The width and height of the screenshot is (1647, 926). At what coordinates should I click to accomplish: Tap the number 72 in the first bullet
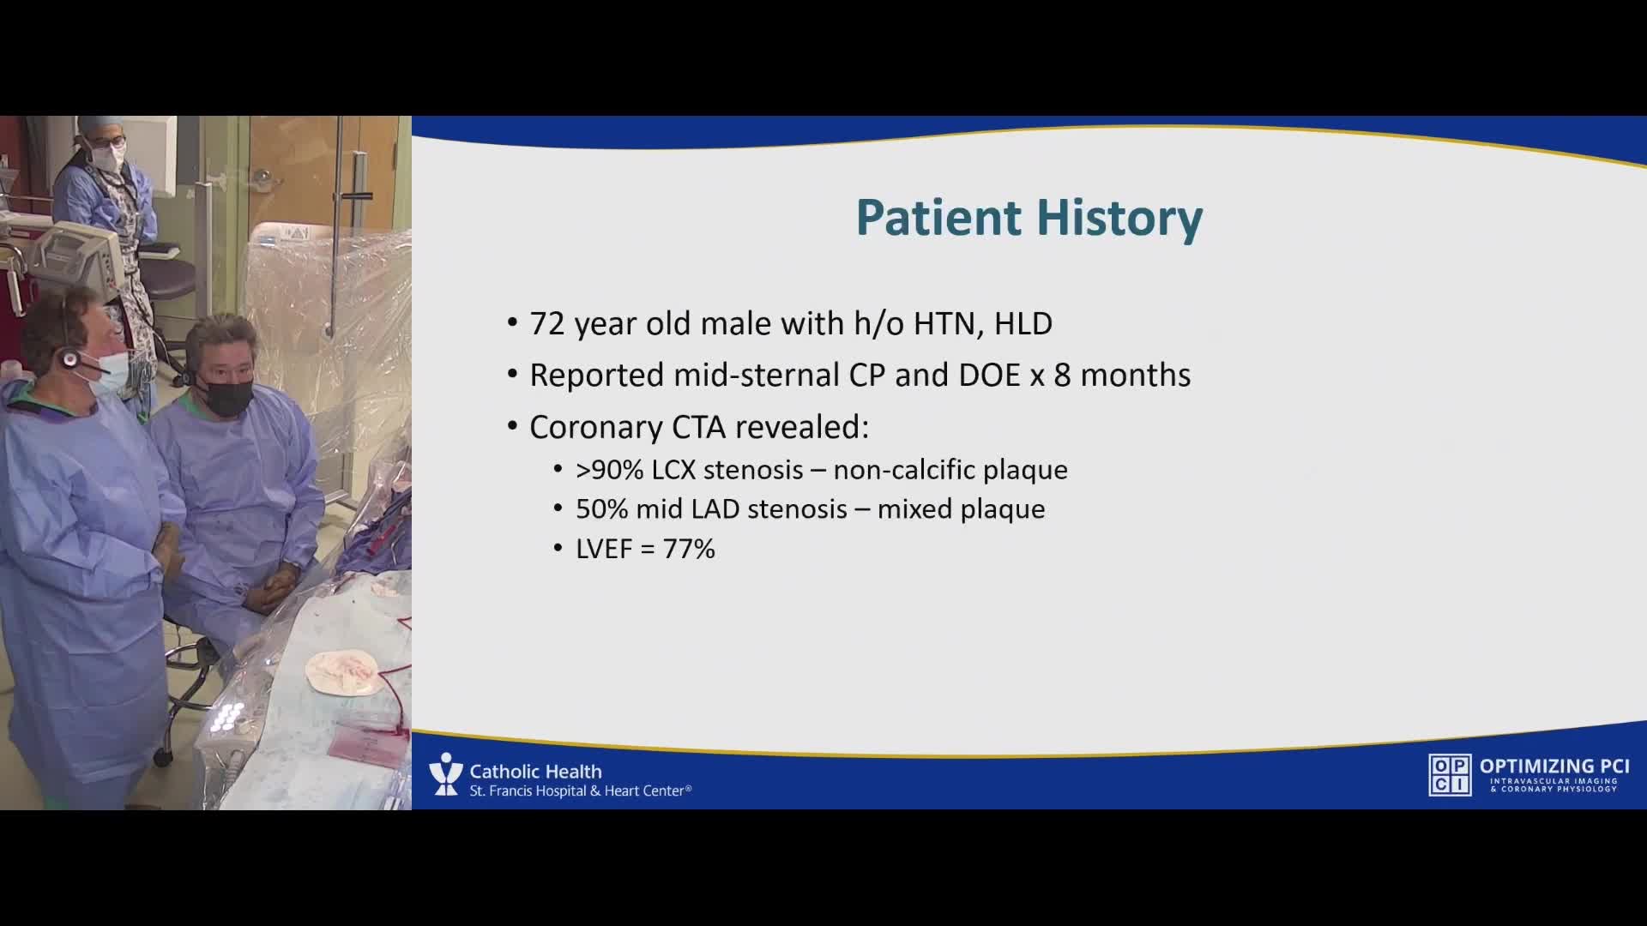tap(547, 323)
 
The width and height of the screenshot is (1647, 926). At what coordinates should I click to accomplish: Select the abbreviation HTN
tap(947, 323)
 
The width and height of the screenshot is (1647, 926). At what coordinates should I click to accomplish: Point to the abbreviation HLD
tap(1023, 323)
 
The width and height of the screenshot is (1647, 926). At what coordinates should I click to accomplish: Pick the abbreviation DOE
tap(990, 376)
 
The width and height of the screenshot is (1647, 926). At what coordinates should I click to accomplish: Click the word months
tap(1136, 376)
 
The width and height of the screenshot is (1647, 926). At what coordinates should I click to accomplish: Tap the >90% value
tap(610, 470)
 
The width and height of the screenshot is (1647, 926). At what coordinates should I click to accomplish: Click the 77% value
tap(688, 549)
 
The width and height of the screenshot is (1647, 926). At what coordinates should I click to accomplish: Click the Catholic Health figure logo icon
tap(445, 774)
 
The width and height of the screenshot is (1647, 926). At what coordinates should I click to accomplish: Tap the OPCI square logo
tap(1450, 775)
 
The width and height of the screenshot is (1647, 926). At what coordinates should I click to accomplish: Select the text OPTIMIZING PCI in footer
tap(1554, 767)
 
